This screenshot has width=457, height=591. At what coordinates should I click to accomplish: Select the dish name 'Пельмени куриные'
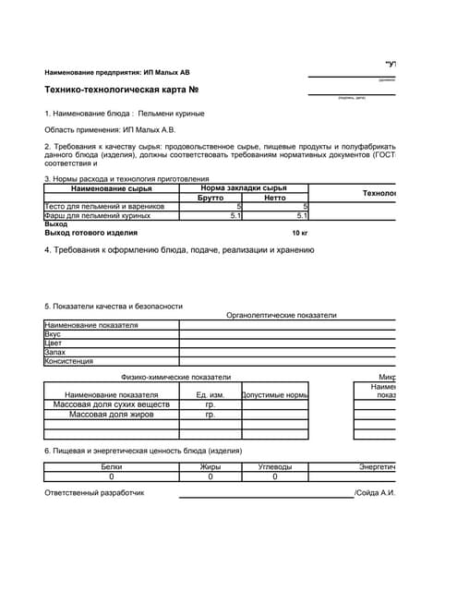pyautogui.click(x=171, y=114)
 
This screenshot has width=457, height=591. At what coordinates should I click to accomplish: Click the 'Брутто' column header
pyautogui.click(x=210, y=198)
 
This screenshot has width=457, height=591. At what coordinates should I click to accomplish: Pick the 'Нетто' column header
pyautogui.click(x=275, y=198)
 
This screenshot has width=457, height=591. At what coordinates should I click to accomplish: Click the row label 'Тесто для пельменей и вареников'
pyautogui.click(x=104, y=207)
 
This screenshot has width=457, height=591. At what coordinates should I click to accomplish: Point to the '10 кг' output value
pyautogui.click(x=299, y=233)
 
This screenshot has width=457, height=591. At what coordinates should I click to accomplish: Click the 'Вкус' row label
pyautogui.click(x=54, y=334)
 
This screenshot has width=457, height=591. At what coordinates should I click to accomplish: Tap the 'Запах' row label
pyautogui.click(x=55, y=352)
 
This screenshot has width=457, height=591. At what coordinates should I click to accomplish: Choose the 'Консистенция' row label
pyautogui.click(x=69, y=361)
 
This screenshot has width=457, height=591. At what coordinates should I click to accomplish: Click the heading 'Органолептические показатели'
pyautogui.click(x=281, y=315)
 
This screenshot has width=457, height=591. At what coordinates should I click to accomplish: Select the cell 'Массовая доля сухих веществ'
pyautogui.click(x=111, y=404)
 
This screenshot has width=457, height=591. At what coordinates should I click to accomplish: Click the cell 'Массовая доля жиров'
pyautogui.click(x=111, y=415)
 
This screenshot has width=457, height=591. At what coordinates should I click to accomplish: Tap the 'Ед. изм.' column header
pyautogui.click(x=210, y=395)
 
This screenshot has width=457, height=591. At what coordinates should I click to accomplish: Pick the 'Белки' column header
pyautogui.click(x=111, y=467)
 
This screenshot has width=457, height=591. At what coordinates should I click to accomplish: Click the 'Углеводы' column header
pyautogui.click(x=274, y=467)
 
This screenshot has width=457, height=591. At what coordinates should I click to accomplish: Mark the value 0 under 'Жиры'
pyautogui.click(x=210, y=477)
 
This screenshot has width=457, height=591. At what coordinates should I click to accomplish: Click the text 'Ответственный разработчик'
pyautogui.click(x=94, y=493)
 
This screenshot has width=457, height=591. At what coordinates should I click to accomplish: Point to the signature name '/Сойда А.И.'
pyautogui.click(x=375, y=493)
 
